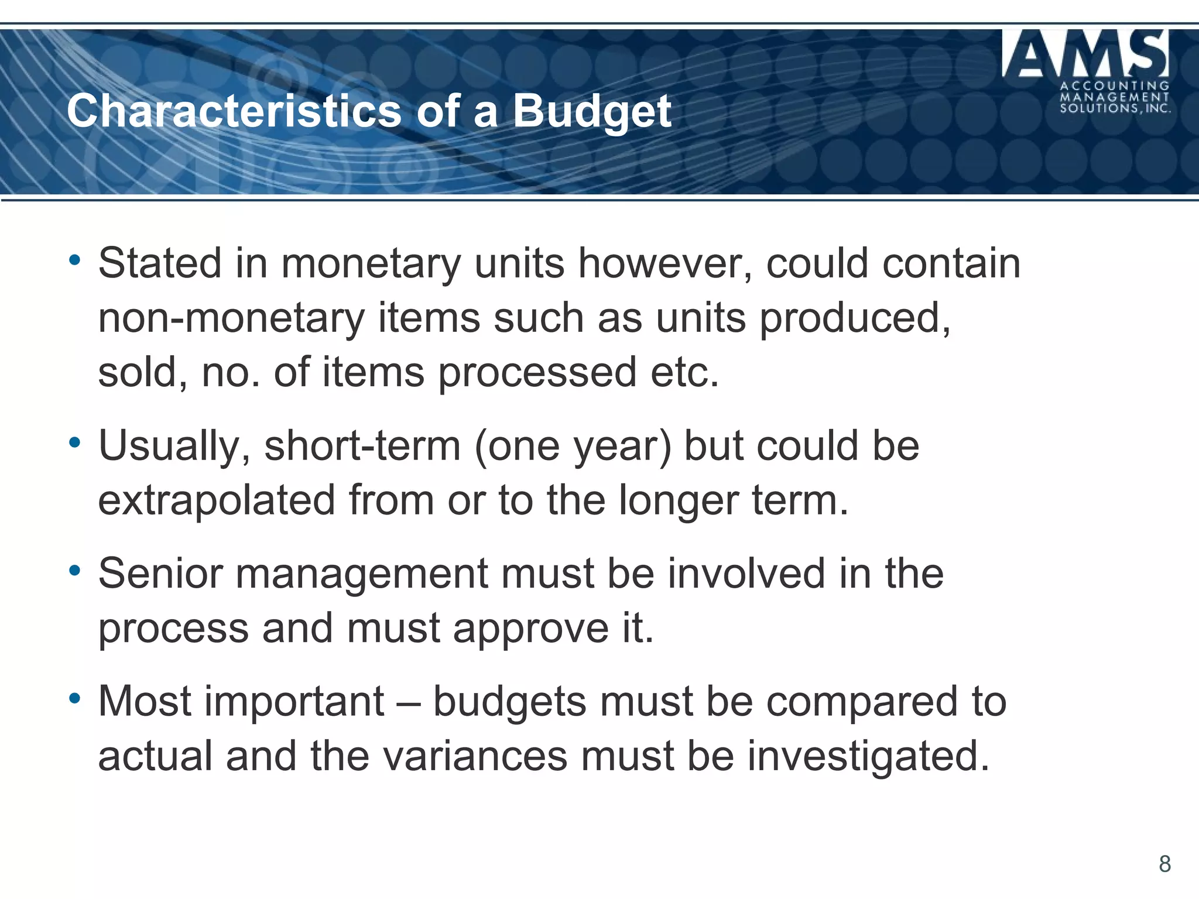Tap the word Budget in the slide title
[592, 112]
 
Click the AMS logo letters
[1085, 54]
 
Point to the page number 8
[1164, 864]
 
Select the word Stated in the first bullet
[160, 263]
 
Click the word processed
[537, 372]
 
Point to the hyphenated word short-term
[362, 446]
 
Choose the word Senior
[160, 573]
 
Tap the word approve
[530, 628]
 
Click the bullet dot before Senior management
[74, 570]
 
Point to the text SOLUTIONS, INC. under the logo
[1115, 108]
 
